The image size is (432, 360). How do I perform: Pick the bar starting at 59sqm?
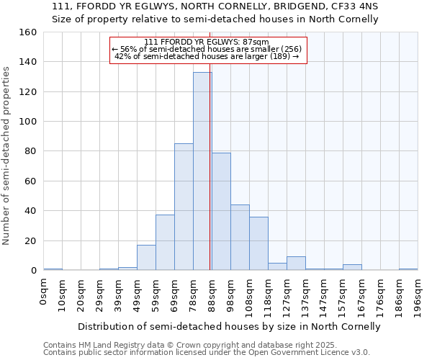(165, 243)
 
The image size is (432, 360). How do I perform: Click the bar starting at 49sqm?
(146, 258)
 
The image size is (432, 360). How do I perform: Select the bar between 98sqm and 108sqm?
(240, 238)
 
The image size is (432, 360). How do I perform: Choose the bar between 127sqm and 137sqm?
(296, 264)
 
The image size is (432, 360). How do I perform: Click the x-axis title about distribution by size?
(229, 326)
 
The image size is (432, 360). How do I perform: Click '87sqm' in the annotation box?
(254, 42)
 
